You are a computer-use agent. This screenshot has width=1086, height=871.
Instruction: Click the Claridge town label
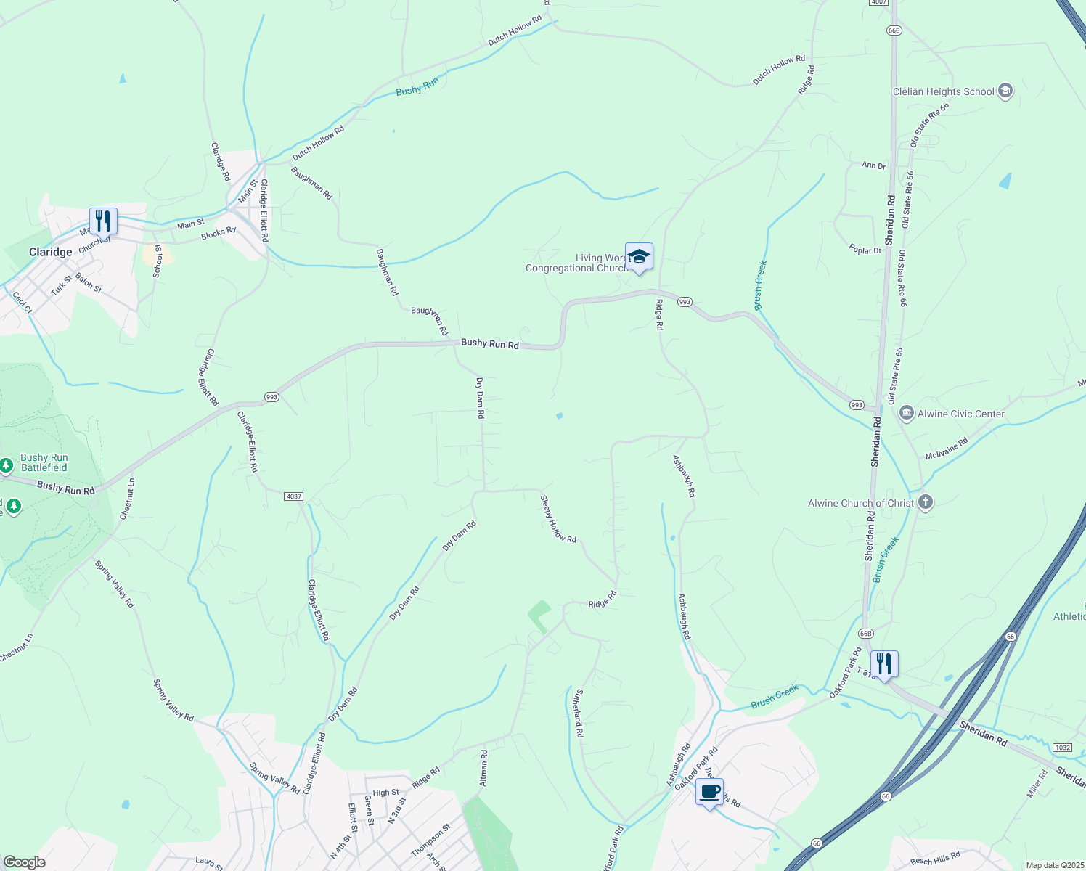click(x=50, y=252)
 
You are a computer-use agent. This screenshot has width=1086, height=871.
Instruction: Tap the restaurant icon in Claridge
click(x=103, y=221)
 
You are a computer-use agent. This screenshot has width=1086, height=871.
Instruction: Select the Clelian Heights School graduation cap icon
click(x=1005, y=91)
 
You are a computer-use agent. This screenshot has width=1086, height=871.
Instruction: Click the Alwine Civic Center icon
click(x=906, y=414)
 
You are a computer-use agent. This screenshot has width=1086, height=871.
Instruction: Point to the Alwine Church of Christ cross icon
click(x=925, y=502)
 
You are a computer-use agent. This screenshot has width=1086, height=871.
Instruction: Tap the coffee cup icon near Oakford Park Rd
click(x=709, y=791)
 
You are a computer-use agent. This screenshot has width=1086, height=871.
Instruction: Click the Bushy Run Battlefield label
click(x=44, y=462)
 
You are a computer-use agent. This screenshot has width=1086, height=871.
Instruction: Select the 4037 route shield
click(x=293, y=496)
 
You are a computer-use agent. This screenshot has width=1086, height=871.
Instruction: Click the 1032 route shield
click(x=1062, y=747)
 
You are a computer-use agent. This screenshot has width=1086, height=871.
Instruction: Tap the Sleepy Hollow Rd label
click(x=558, y=519)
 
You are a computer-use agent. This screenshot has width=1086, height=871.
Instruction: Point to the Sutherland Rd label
click(x=578, y=713)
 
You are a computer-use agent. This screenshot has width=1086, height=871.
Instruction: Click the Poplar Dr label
click(x=865, y=250)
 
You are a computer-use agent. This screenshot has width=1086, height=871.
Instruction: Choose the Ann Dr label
click(x=873, y=166)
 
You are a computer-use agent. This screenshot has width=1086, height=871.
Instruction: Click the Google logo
click(x=24, y=862)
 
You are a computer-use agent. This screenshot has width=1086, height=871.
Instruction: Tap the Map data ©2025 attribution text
click(x=1054, y=865)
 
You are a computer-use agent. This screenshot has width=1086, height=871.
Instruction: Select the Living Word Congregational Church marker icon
click(x=639, y=256)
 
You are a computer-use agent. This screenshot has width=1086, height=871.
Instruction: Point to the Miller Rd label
click(x=1038, y=784)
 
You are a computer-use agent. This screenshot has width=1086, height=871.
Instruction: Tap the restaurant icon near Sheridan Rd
click(x=883, y=663)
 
